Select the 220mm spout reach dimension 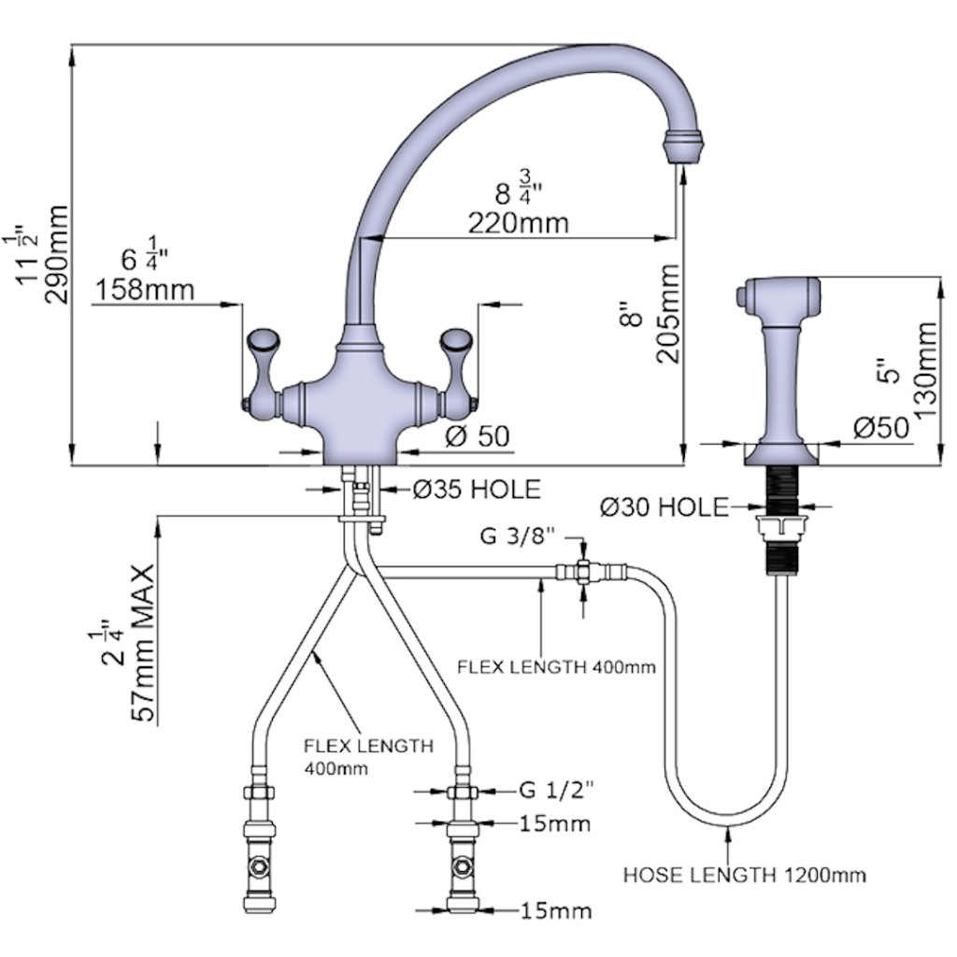[519, 222]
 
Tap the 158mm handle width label [144, 290]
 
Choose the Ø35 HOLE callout [477, 488]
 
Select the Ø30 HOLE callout [664, 507]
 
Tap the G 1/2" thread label [557, 791]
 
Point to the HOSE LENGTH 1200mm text [744, 876]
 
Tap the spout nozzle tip [681, 149]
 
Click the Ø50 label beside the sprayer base [880, 427]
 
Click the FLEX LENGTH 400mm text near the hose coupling [555, 667]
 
